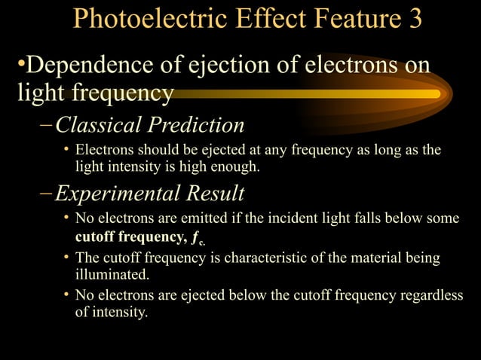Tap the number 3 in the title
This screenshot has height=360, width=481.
(415, 20)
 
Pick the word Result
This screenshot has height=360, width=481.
(216, 194)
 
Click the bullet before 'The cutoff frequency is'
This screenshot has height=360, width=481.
(66, 258)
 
